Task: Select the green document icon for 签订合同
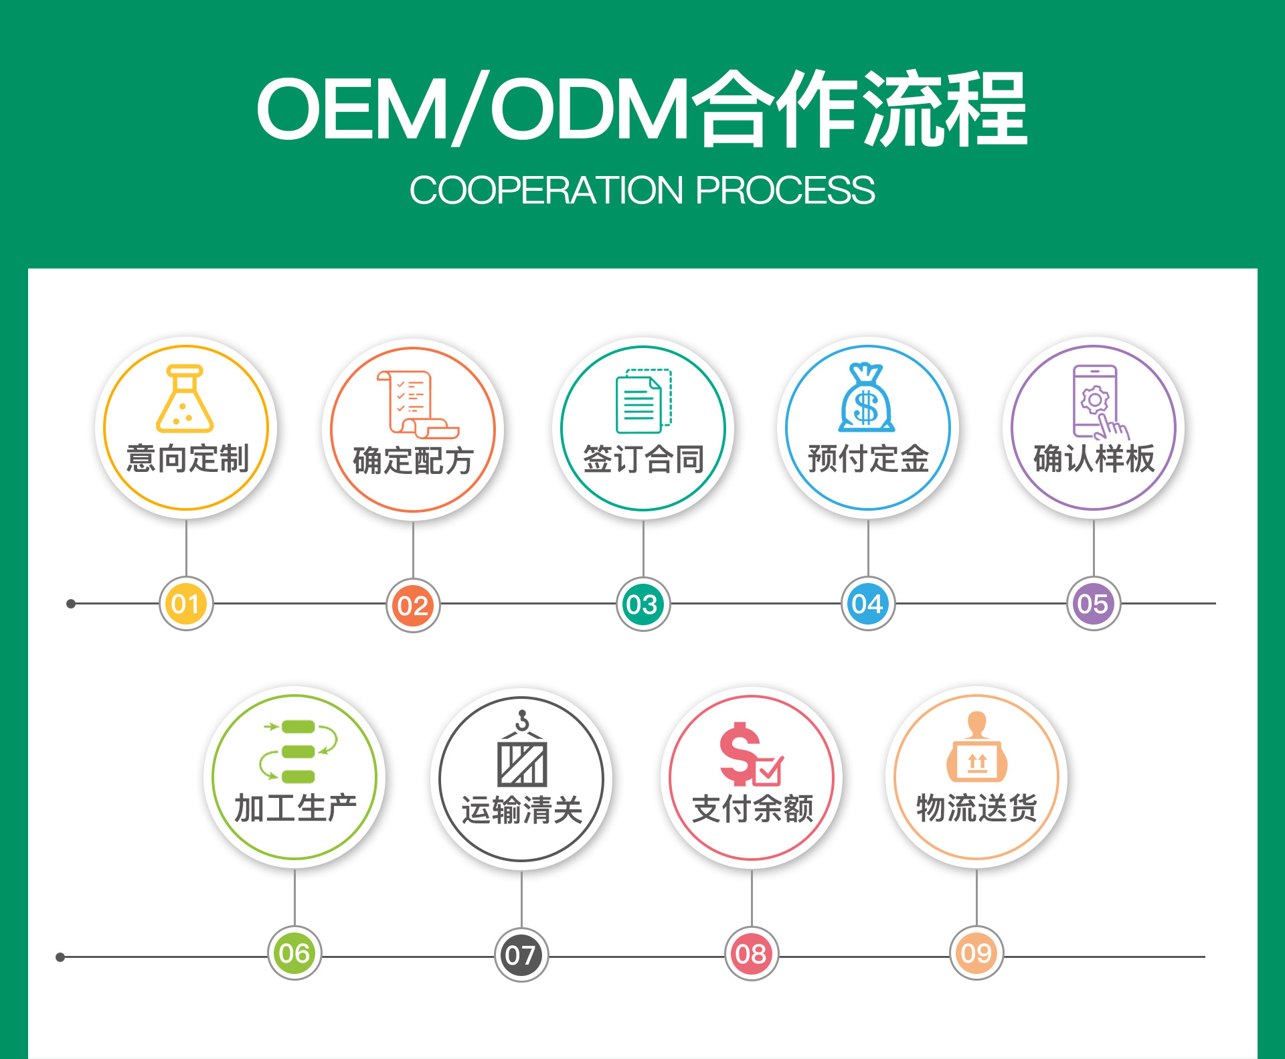click(x=642, y=401)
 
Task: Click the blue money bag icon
click(x=867, y=399)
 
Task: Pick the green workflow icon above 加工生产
click(x=298, y=751)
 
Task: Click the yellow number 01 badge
click(x=186, y=604)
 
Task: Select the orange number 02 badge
click(x=413, y=606)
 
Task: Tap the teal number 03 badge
click(x=642, y=604)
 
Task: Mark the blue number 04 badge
click(x=867, y=604)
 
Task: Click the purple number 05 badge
click(x=1093, y=604)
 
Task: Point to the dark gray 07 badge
click(x=521, y=955)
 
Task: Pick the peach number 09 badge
click(x=976, y=953)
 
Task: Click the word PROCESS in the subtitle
click(x=785, y=190)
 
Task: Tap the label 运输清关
click(x=522, y=810)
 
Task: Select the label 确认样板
click(x=1094, y=459)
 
